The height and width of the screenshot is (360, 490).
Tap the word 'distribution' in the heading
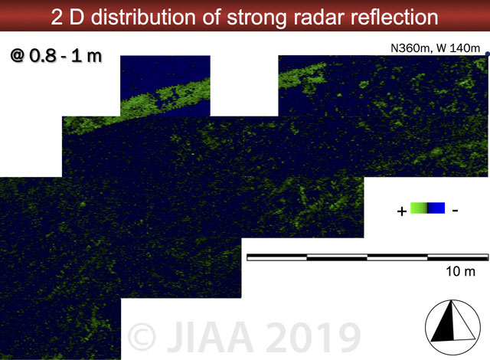143,17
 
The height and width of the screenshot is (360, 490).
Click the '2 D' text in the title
68,17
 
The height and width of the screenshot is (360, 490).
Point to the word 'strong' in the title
256,18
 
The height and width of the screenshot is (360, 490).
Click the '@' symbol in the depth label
18,56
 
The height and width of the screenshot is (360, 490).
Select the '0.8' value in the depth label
43,56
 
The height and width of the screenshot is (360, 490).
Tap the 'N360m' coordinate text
411,48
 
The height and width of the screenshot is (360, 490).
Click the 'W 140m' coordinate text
458,48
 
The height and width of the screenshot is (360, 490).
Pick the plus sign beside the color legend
402,211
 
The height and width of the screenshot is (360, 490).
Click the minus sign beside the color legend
456,211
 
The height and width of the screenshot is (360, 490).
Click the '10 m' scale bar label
461,271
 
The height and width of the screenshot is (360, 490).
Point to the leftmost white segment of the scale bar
277,257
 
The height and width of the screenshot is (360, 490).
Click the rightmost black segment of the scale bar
458,257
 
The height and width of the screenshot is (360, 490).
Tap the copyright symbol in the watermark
142,336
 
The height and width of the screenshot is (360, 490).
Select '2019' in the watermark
313,336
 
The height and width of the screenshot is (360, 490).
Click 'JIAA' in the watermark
210,336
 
